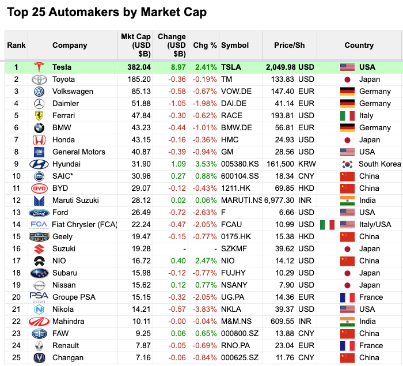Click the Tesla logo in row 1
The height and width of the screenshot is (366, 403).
pyautogui.click(x=39, y=67)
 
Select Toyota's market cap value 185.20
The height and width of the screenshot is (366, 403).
pyautogui.click(x=139, y=80)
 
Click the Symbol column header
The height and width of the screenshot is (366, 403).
pyautogui.click(x=235, y=45)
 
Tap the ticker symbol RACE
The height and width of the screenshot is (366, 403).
pyautogui.click(x=232, y=115)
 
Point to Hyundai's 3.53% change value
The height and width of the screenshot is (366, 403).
pyautogui.click(x=206, y=164)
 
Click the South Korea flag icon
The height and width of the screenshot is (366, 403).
pyautogui.click(x=347, y=164)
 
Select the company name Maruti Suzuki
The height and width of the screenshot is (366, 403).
pyautogui.click(x=75, y=200)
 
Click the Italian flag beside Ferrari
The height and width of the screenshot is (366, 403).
pyautogui.click(x=347, y=115)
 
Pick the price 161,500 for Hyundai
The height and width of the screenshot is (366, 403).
pyautogui.click(x=281, y=164)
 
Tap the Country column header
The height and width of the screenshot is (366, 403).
pyautogui.click(x=359, y=45)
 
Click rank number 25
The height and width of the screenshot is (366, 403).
pyautogui.click(x=16, y=357)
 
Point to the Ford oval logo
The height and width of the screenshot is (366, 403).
pyautogui.click(x=39, y=212)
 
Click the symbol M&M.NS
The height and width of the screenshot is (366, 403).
pyautogui.click(x=237, y=321)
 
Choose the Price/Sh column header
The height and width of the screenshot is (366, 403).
pyautogui.click(x=290, y=45)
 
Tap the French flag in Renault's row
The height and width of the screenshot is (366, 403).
pyautogui.click(x=347, y=345)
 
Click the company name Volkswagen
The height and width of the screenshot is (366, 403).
pyautogui.click(x=73, y=91)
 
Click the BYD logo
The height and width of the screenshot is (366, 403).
pyautogui.click(x=39, y=188)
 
